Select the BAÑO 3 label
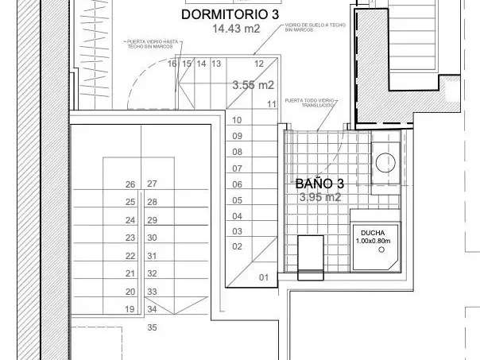[319, 183]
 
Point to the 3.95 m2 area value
[319, 197]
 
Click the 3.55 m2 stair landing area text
[253, 84]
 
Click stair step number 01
[264, 277]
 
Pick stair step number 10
[237, 120]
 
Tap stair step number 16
[172, 64]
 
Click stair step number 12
[259, 64]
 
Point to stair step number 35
[152, 327]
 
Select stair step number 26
[130, 184]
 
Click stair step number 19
[130, 309]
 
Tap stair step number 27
[152, 184]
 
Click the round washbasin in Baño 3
[385, 161]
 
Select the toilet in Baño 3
[311, 256]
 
